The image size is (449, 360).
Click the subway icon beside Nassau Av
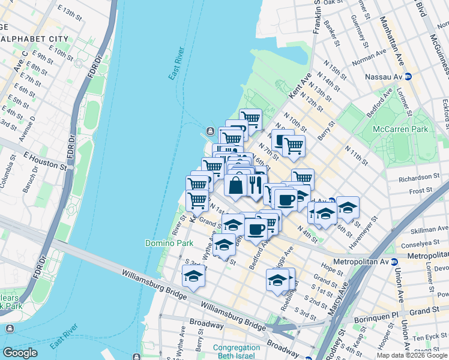pos(408,77)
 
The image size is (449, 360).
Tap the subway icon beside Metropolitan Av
pos(394,262)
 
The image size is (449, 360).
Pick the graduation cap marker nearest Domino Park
pos(224,245)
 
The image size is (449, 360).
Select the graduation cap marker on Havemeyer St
pos(348,208)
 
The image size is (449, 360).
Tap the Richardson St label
pos(420,178)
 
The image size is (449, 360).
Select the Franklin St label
pos(316,18)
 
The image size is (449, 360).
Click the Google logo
pos(20,353)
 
